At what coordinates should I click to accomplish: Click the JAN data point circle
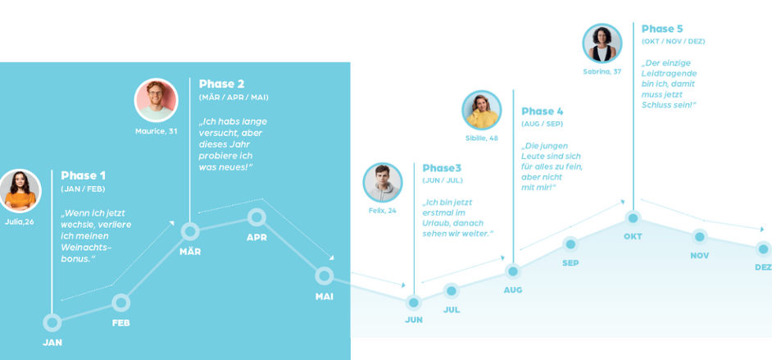point(52,322)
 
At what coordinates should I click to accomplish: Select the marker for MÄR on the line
point(190,231)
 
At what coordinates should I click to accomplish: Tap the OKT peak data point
point(633,217)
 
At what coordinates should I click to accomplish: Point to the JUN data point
point(414,302)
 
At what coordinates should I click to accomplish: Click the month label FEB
point(120,324)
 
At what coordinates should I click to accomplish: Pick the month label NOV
point(700,256)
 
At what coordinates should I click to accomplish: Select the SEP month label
point(570,263)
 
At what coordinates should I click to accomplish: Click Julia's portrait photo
point(20,190)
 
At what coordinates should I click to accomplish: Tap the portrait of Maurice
point(156,100)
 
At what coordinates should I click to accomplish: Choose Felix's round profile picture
point(383,183)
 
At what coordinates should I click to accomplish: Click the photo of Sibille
point(482,110)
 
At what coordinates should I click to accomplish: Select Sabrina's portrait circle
point(602,43)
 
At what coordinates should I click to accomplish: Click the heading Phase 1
point(84,175)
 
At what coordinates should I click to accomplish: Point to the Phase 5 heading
point(662,29)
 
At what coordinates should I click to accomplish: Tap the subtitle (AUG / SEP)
point(542,124)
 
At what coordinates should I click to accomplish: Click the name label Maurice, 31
point(156,131)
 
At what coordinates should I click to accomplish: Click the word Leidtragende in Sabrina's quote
point(669,73)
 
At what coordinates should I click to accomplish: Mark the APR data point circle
point(257,217)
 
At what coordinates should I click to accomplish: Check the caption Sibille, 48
point(482,139)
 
